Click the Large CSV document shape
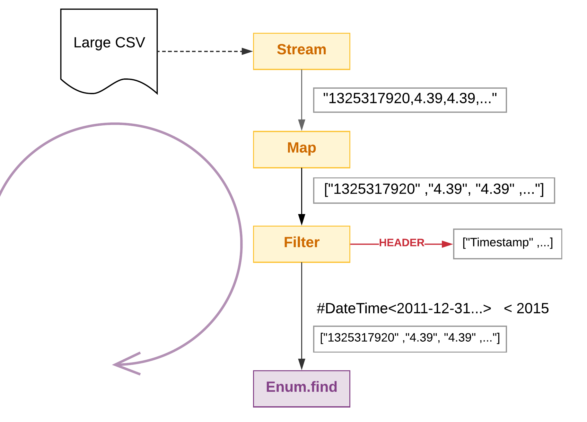pyautogui.click(x=109, y=51)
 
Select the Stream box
pyautogui.click(x=302, y=51)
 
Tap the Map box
pyautogui.click(x=302, y=149)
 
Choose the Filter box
pyautogui.click(x=302, y=244)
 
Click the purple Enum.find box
pyautogui.click(x=302, y=389)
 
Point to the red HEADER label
pyautogui.click(x=402, y=243)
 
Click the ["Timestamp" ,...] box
pyautogui.click(x=508, y=244)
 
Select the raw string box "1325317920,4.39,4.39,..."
pyautogui.click(x=410, y=100)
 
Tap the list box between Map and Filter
pyautogui.click(x=434, y=191)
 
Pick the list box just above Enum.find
pyautogui.click(x=410, y=339)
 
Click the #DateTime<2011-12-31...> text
pyautogui.click(x=404, y=309)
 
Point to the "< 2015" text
pyautogui.click(x=526, y=309)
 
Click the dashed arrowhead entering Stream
pyautogui.click(x=247, y=51)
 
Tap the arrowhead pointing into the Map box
pyautogui.click(x=302, y=125)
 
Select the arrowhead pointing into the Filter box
pyautogui.click(x=302, y=220)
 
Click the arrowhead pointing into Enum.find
pyautogui.click(x=302, y=364)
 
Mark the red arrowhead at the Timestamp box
pyautogui.click(x=447, y=244)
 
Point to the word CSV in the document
pyautogui.click(x=130, y=42)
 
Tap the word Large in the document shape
pyautogui.click(x=92, y=43)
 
